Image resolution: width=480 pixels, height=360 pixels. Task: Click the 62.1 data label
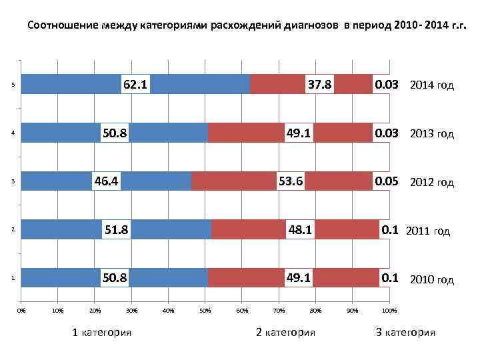135,85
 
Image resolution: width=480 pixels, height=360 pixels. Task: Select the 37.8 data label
319,85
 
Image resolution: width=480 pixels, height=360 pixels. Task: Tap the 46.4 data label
107,181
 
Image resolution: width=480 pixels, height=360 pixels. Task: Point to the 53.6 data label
291,181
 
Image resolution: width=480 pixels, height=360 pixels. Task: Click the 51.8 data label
116,230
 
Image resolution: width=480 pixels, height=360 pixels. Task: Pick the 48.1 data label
300,230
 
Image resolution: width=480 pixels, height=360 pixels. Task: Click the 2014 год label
431,85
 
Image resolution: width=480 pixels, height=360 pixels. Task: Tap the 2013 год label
431,133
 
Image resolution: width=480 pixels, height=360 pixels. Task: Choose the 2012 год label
431,182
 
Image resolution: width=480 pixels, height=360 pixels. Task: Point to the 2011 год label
428,231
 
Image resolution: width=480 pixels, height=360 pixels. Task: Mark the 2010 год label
431,279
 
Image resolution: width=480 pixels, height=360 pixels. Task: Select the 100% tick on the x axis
389,310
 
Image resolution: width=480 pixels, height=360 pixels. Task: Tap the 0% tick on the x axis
21,310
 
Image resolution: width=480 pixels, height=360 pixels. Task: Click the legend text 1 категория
101,332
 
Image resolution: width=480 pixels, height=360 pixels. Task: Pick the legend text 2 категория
285,332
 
